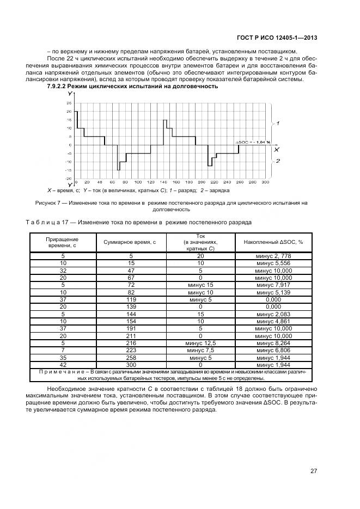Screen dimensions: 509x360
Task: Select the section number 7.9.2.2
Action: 59,86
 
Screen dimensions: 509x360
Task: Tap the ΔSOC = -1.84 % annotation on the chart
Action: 253,142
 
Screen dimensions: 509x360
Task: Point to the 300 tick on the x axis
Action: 265,182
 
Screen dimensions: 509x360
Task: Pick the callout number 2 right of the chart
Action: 278,161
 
